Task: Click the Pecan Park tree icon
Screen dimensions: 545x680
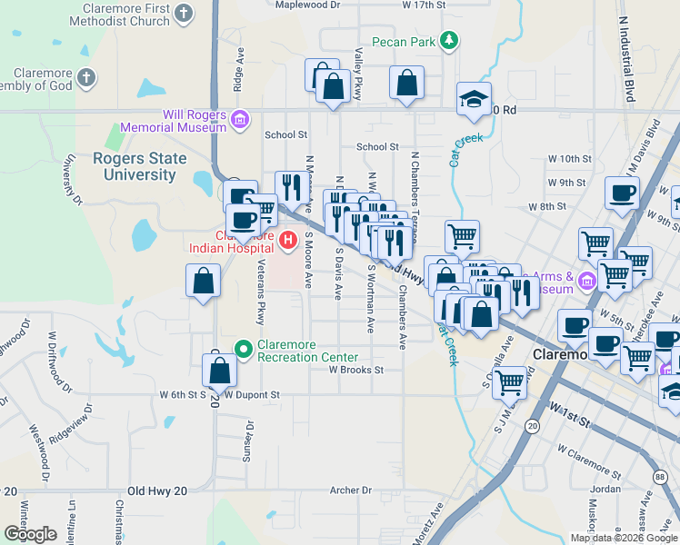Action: [x=447, y=41]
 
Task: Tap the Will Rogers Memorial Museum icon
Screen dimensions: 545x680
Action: [x=240, y=119]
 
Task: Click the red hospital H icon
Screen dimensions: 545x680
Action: [x=288, y=241]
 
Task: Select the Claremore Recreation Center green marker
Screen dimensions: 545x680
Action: [x=243, y=348]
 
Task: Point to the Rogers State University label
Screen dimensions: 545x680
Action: [x=139, y=165]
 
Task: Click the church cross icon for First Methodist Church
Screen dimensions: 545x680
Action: [x=185, y=14]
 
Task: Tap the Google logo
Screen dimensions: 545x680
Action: [x=30, y=534]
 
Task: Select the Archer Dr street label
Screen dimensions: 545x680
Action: [x=351, y=490]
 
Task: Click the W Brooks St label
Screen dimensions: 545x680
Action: [x=356, y=370]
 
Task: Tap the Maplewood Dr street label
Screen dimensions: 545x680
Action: [x=307, y=5]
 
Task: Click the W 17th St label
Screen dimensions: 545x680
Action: [x=424, y=5]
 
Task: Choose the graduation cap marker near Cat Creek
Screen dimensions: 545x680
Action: [x=473, y=101]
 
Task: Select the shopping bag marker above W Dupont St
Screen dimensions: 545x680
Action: [x=219, y=370]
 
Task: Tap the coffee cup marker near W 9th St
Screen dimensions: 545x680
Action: [x=623, y=193]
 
